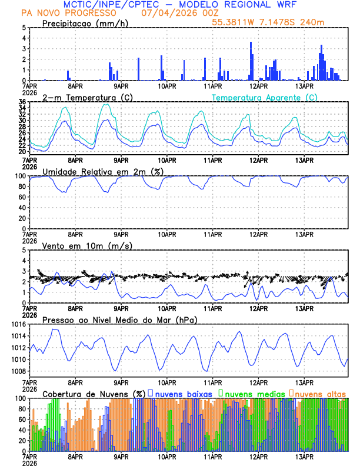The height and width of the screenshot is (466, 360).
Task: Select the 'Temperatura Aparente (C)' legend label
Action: (264, 97)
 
